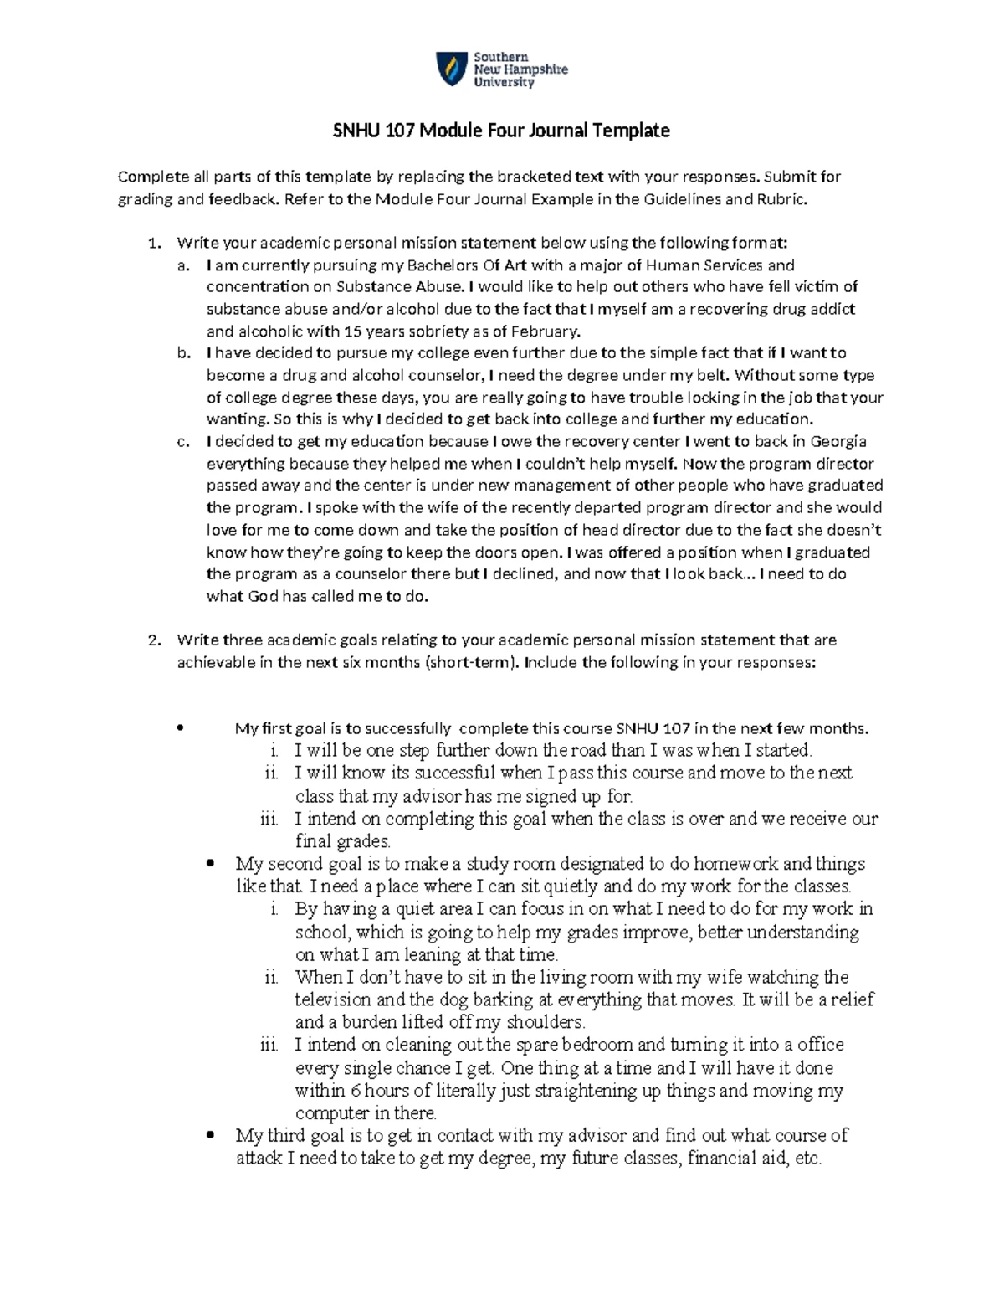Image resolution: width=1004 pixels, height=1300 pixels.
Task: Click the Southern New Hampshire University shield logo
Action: (x=450, y=69)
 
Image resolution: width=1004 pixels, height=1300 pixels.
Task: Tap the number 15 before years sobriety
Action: (x=356, y=331)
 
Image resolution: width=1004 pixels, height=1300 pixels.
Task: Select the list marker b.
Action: (x=183, y=353)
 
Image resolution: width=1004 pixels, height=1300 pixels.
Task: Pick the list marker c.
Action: (x=183, y=442)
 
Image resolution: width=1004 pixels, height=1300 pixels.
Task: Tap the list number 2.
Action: (x=153, y=640)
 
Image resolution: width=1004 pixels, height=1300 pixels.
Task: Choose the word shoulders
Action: (x=541, y=1022)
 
